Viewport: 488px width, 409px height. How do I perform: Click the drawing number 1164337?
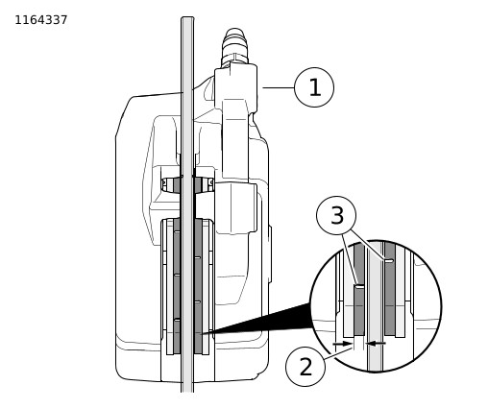(x=41, y=20)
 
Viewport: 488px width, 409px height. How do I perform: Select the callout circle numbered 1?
(x=314, y=87)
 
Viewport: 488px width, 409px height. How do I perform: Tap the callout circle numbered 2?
(x=305, y=367)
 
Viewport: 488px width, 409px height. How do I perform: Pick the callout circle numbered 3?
(x=336, y=216)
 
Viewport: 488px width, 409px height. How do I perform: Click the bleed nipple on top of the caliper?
(x=234, y=46)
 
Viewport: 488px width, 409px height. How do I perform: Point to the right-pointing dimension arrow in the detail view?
(x=343, y=344)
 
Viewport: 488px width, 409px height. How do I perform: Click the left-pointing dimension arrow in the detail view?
(x=376, y=344)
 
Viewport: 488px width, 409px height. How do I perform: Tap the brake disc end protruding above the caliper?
(x=187, y=55)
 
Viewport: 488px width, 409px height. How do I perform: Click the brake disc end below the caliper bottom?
(x=187, y=387)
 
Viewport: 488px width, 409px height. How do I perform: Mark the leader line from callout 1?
(x=279, y=87)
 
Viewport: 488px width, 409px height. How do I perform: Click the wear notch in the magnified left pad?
(x=359, y=286)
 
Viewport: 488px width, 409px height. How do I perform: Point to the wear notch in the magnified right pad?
(x=389, y=261)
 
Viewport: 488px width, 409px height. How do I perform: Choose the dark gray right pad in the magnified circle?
(x=390, y=289)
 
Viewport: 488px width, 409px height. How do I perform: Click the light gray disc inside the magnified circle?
(x=375, y=305)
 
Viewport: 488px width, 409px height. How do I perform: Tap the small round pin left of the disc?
(x=164, y=183)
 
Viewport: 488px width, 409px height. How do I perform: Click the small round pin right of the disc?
(x=211, y=182)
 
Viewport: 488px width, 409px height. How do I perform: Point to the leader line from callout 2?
(x=343, y=353)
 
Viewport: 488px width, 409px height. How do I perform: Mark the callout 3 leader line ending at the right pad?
(x=367, y=244)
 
